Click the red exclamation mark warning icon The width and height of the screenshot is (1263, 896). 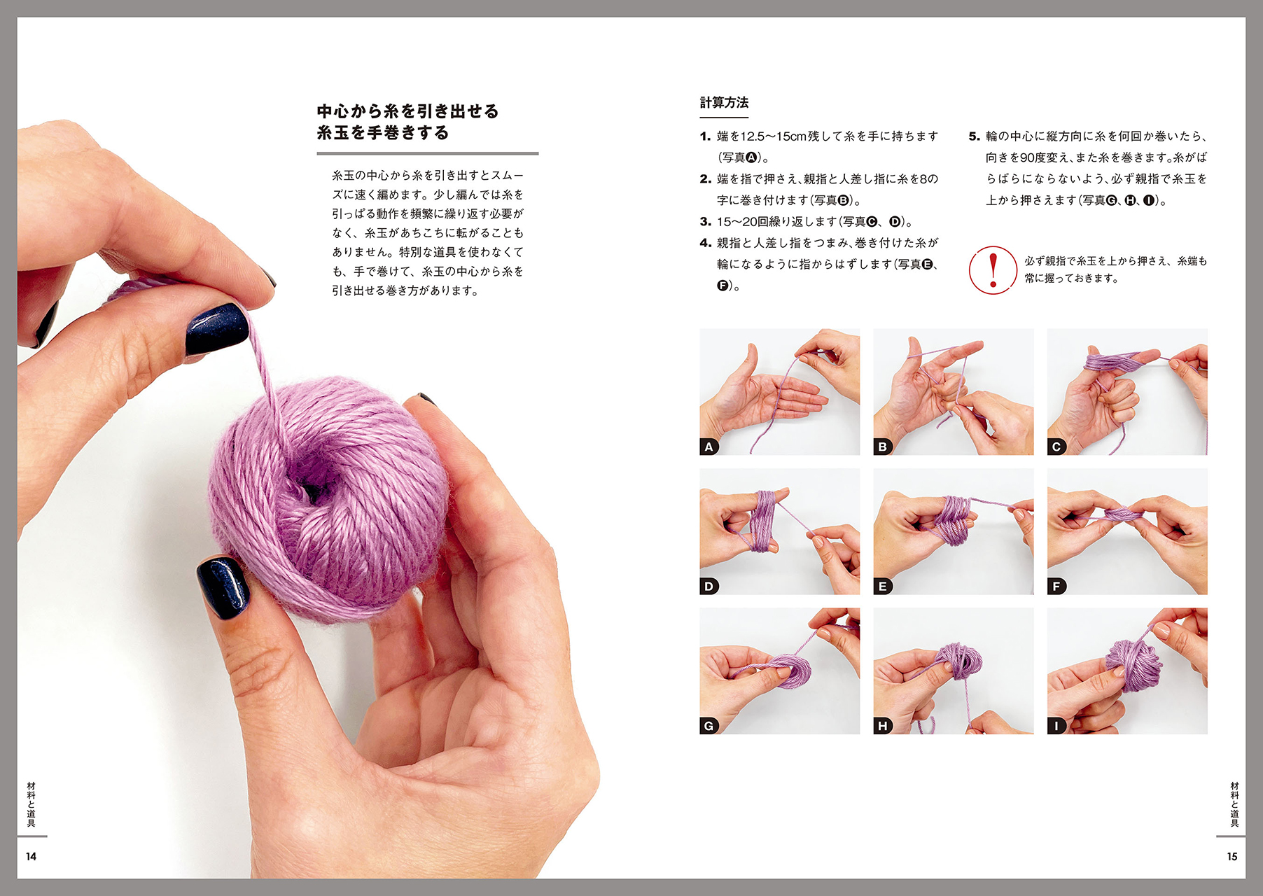pyautogui.click(x=993, y=270)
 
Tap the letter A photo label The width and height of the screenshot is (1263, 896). pyautogui.click(x=709, y=447)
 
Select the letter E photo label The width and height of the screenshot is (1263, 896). pyautogui.click(x=882, y=587)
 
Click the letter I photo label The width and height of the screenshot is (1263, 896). pyautogui.click(x=1056, y=726)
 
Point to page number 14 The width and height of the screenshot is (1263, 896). pyautogui.click(x=31, y=856)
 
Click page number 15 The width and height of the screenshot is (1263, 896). pyautogui.click(x=1232, y=856)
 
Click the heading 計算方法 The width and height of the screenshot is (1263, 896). pyautogui.click(x=724, y=103)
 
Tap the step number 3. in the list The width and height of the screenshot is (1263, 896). pyautogui.click(x=705, y=222)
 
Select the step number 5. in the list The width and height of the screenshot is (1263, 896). pyautogui.click(x=974, y=136)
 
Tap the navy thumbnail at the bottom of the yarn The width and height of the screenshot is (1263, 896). pyautogui.click(x=223, y=587)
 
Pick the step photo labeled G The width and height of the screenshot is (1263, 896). pyautogui.click(x=779, y=671)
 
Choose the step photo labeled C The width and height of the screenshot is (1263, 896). pyautogui.click(x=1127, y=392)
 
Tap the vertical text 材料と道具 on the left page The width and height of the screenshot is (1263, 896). pyautogui.click(x=31, y=804)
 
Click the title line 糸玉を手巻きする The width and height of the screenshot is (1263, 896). pyautogui.click(x=382, y=133)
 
